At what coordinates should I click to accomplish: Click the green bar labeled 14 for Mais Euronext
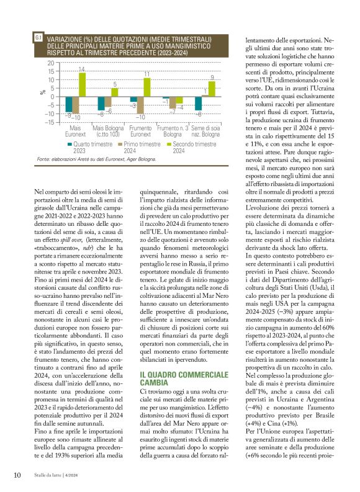[82, 84]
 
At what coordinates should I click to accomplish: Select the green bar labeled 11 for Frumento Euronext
[147, 87]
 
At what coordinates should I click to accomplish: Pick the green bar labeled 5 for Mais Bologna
[114, 92]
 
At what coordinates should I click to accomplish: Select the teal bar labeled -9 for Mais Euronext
[69, 103]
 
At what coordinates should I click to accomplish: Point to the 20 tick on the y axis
[50, 63]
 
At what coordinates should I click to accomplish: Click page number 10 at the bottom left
[17, 475]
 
